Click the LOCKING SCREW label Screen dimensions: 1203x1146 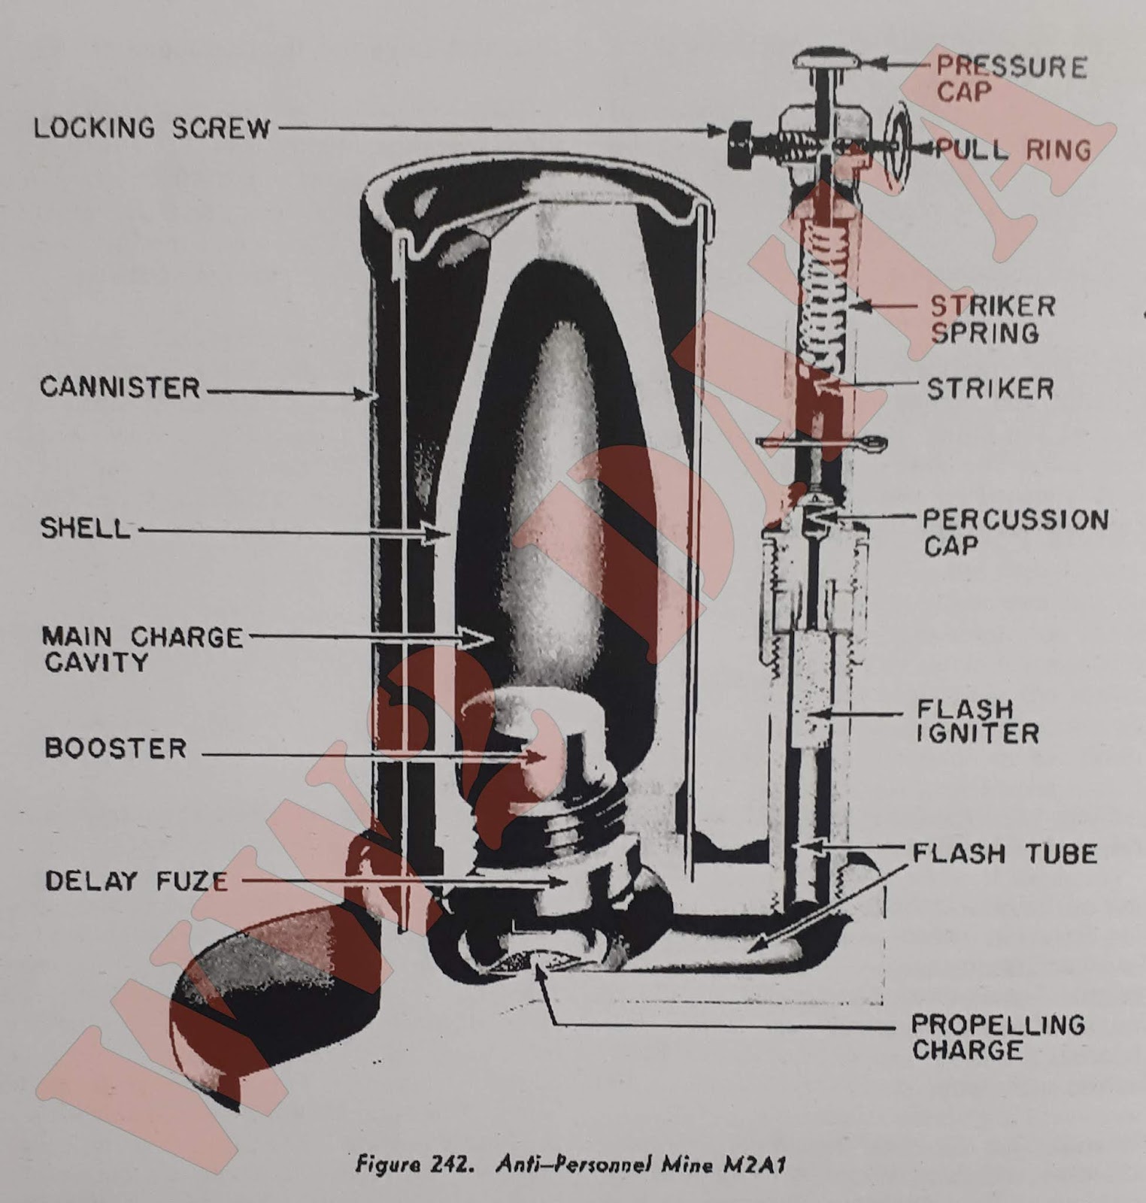pyautogui.click(x=152, y=128)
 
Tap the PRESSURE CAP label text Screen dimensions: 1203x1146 pyautogui.click(x=1011, y=79)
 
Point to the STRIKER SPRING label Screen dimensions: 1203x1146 pyautogui.click(x=993, y=319)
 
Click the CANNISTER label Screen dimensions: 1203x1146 pyautogui.click(x=120, y=388)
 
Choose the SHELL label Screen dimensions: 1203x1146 pyautogui.click(x=85, y=528)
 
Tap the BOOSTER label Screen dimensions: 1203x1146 pyautogui.click(x=115, y=748)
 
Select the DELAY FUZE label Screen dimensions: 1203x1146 pyautogui.click(x=136, y=880)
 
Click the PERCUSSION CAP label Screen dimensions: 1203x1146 pyautogui.click(x=1015, y=532)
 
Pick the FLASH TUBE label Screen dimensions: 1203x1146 pyautogui.click(x=1005, y=853)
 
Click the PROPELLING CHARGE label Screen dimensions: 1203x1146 pyautogui.click(x=997, y=1037)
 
